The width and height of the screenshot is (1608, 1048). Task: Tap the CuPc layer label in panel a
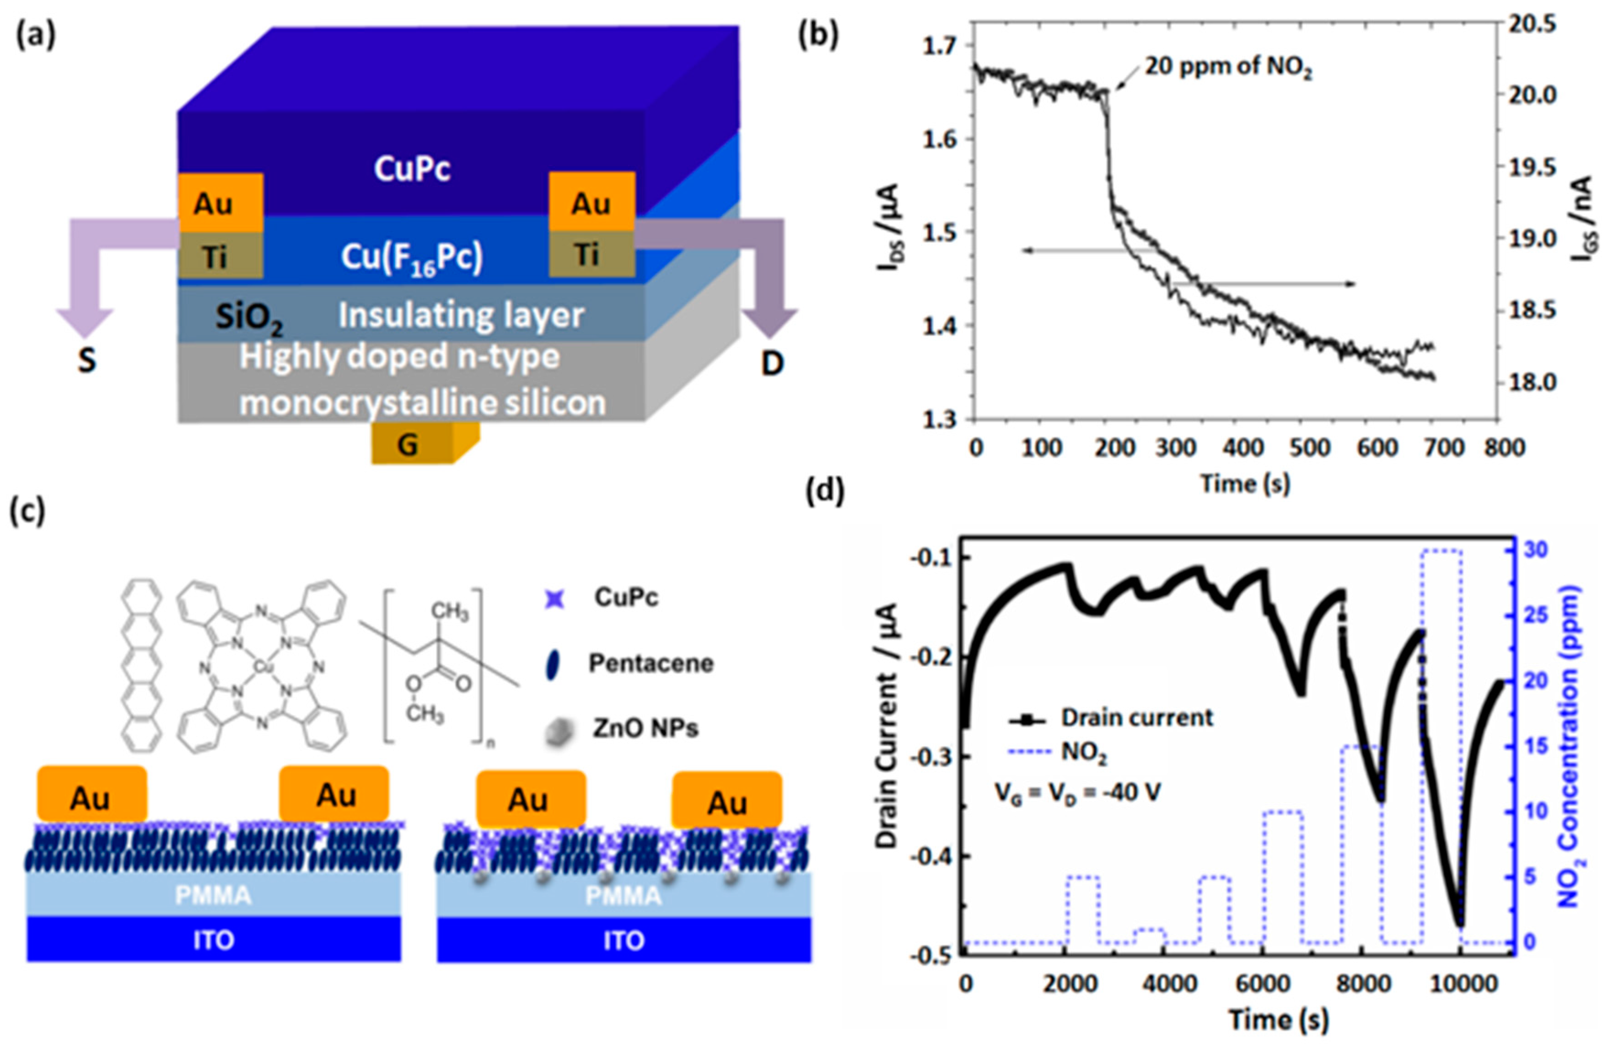(x=412, y=170)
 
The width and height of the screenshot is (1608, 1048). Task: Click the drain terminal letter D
(x=772, y=364)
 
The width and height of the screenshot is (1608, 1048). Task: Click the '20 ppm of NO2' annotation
(x=1228, y=70)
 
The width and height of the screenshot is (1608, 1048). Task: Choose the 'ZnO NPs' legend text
(x=645, y=728)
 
